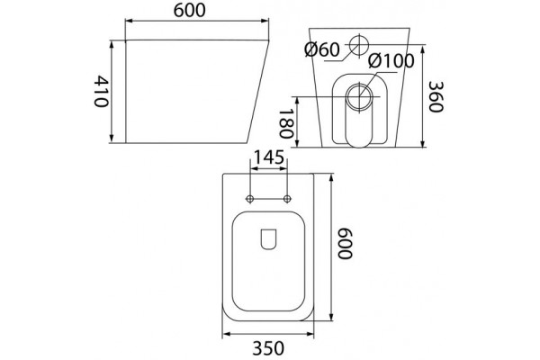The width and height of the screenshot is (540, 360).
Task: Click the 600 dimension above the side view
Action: [189, 10]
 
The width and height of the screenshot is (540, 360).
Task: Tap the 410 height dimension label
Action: [102, 91]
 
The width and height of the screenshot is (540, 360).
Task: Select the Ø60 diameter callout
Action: [322, 50]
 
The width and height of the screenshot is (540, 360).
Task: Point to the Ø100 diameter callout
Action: [391, 61]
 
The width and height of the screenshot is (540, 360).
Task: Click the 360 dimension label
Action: [436, 97]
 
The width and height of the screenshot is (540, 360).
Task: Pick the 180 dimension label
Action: [286, 124]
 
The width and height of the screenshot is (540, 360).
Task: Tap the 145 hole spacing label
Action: [268, 157]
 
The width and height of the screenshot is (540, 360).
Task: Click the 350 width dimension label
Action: [268, 348]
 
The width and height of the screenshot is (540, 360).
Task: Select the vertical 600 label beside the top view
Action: [345, 243]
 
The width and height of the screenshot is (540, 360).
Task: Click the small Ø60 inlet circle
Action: [359, 45]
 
